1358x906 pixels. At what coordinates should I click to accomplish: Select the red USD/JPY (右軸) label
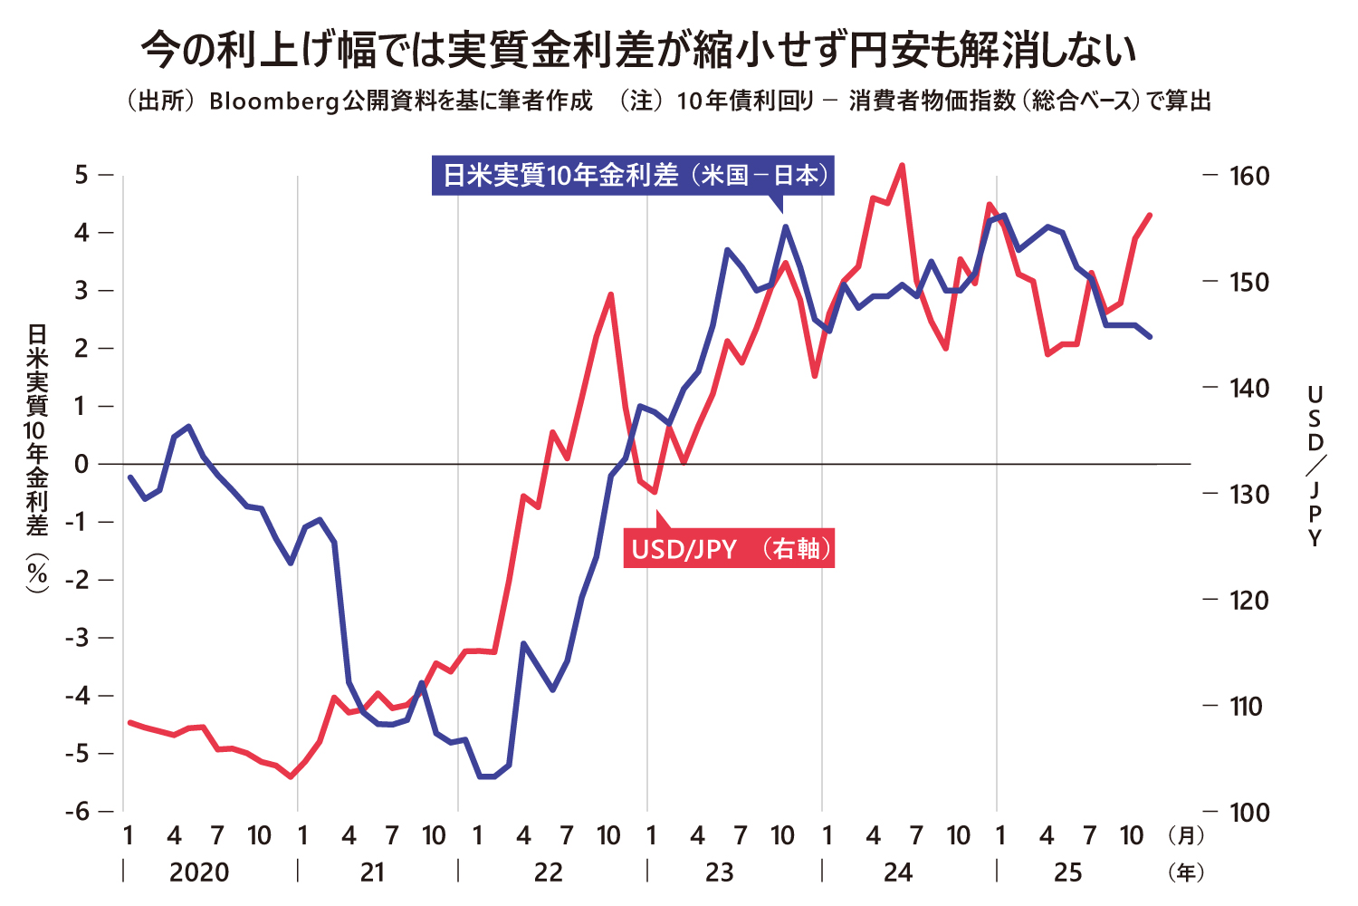point(729,549)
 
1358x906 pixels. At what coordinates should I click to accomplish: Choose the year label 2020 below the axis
point(199,872)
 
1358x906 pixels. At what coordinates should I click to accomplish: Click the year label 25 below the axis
point(1068,872)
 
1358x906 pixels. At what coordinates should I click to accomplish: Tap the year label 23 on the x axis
point(720,872)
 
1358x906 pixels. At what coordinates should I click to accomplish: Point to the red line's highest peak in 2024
point(902,165)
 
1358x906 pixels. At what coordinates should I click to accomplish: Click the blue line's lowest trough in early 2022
point(485,776)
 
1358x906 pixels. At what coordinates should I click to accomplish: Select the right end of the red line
point(1150,215)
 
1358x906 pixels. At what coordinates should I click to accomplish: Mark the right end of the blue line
point(1150,337)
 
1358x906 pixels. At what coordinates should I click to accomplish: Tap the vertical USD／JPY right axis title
point(1315,466)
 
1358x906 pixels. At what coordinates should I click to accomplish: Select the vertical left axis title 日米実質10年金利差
point(37,458)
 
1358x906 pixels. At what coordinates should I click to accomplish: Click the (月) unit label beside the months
point(1186,834)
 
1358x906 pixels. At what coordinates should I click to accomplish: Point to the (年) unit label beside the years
point(1186,872)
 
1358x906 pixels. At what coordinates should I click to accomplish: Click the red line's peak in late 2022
point(611,294)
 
